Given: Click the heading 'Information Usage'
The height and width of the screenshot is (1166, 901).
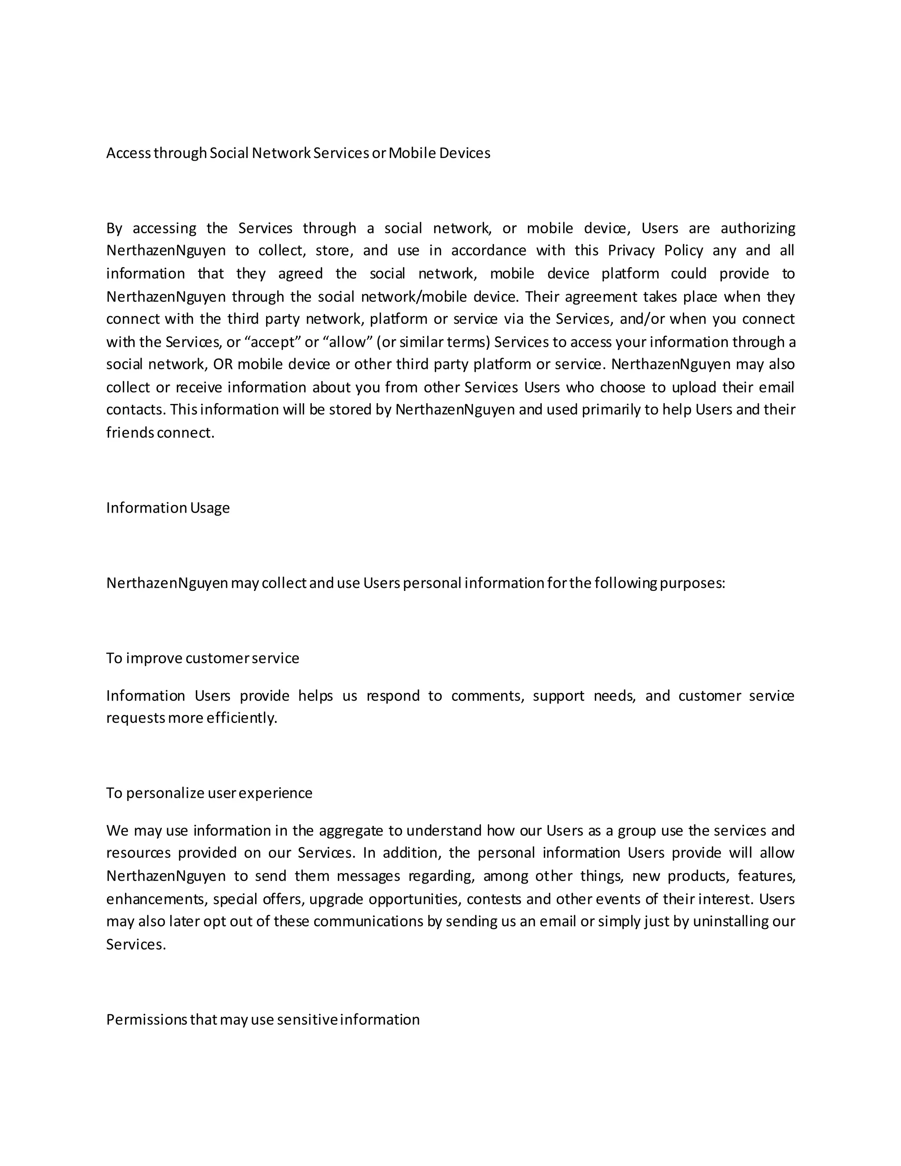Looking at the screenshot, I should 168,508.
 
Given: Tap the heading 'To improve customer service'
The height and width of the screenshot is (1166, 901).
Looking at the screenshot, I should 202,658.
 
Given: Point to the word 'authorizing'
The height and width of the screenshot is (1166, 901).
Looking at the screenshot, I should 758,228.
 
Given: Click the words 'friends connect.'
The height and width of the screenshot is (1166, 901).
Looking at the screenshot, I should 160,433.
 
